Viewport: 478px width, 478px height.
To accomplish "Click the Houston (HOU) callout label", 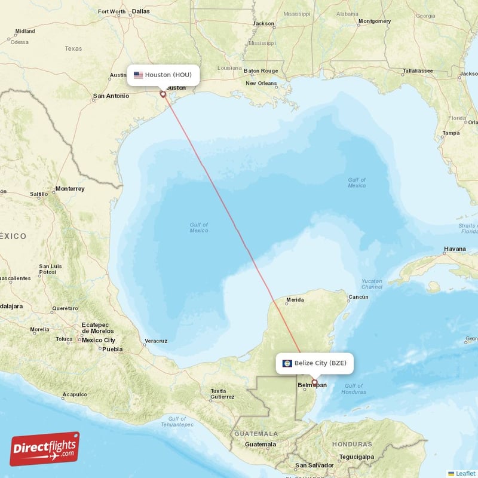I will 163,75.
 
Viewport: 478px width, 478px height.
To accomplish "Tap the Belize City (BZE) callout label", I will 314,363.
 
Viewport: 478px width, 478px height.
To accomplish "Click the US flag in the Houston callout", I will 138,75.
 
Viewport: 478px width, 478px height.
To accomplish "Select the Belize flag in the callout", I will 287,363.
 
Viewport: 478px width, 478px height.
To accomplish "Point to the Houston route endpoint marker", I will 163,94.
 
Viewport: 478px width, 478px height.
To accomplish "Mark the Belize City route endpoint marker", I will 314,382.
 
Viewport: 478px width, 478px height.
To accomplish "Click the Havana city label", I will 455,249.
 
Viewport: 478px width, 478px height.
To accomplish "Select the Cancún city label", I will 358,297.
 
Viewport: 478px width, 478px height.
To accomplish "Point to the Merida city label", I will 295,300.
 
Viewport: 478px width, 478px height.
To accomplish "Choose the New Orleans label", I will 261,83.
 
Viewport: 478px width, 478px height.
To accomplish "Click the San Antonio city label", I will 111,96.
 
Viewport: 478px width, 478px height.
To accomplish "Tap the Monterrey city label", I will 70,189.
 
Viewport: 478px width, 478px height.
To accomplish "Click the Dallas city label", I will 141,11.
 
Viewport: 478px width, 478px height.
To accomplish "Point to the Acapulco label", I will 75,394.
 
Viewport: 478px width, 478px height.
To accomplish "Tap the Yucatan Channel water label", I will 372,283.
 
